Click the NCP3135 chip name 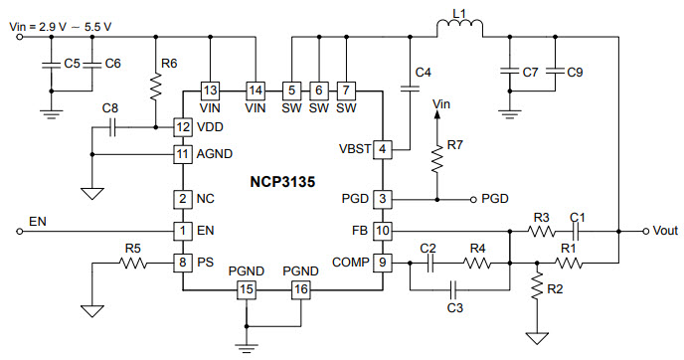[x=282, y=183]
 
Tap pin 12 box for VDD [x=182, y=127]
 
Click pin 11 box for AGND [x=182, y=154]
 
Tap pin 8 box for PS [x=182, y=263]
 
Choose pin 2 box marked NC [x=182, y=200]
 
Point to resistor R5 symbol [x=132, y=263]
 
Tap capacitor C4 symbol [x=408, y=89]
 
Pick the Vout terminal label [x=662, y=231]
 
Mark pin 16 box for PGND [x=299, y=289]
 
